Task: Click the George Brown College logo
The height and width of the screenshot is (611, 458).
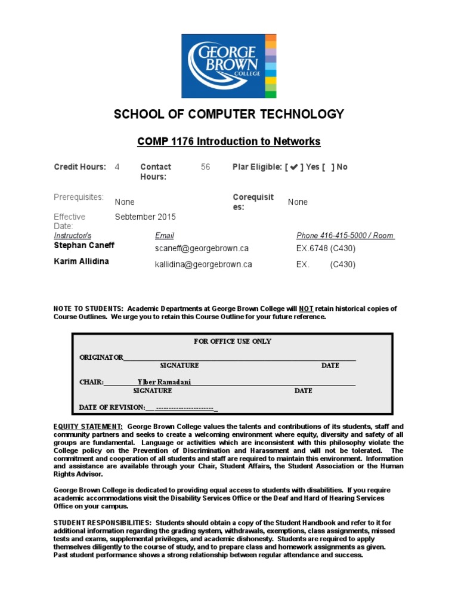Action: [229, 66]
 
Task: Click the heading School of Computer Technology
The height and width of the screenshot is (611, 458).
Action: [229, 115]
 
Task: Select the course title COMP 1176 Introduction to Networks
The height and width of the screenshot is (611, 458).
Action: [229, 141]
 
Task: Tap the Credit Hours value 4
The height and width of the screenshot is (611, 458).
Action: [117, 167]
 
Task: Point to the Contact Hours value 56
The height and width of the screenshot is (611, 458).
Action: [205, 167]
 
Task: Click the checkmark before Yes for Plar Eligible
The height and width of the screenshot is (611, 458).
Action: [293, 168]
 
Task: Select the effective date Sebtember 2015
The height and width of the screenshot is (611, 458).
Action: [145, 217]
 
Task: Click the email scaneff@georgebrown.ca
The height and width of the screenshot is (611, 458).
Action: [202, 248]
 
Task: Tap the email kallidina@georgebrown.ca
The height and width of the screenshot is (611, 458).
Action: [203, 264]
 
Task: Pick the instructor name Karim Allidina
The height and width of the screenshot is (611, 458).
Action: [81, 261]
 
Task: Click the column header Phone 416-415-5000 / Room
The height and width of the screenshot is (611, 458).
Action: [345, 236]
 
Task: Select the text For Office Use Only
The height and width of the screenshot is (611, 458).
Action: [232, 341]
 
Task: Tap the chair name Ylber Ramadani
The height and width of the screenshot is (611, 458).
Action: [164, 382]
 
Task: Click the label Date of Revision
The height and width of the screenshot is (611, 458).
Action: [112, 408]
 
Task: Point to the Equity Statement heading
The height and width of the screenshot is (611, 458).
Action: [88, 427]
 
